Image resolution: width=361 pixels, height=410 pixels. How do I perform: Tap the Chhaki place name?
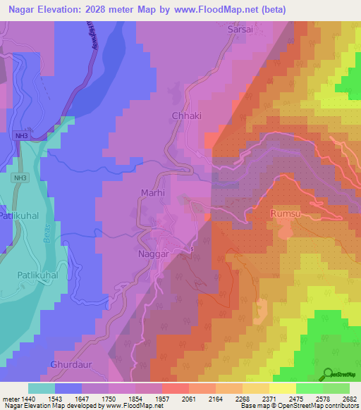click(186, 116)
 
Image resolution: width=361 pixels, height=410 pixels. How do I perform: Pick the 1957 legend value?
click(161, 398)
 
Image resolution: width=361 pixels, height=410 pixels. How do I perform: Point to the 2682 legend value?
click(350, 398)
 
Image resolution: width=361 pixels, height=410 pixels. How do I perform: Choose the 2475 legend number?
click(297, 398)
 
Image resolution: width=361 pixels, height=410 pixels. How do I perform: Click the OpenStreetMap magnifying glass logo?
click(328, 374)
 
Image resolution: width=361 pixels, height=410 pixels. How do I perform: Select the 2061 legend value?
click(189, 398)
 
